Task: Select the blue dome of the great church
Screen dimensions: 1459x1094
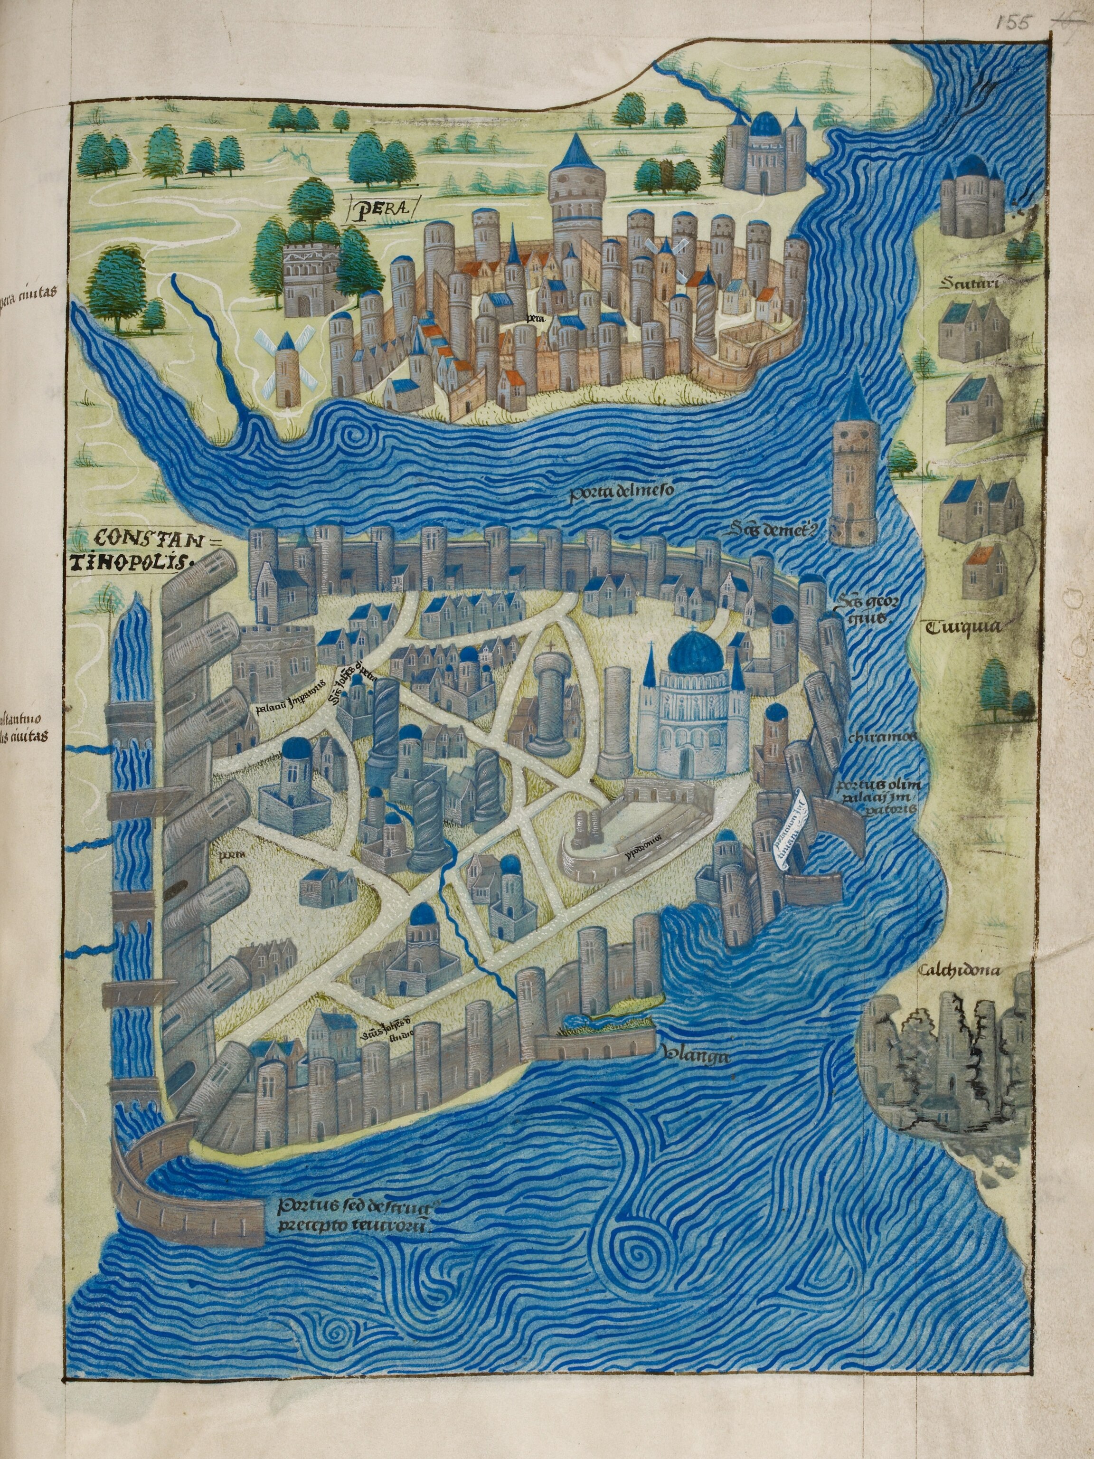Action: (694, 651)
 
